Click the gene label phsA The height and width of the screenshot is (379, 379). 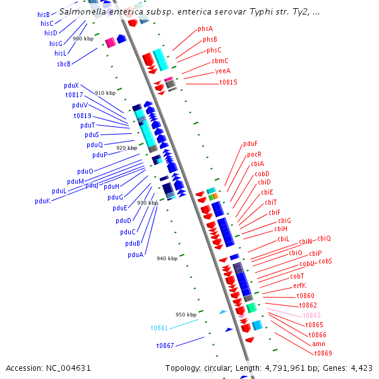coord(205,29)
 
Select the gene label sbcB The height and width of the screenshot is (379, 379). coord(64,64)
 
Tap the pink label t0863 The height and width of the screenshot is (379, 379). coord(312,315)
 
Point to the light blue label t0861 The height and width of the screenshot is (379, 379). coord(159,328)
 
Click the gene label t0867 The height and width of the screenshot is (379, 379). coord(165,346)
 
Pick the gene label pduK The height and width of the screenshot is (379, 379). coord(42,201)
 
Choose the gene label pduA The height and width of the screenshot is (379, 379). coord(135,255)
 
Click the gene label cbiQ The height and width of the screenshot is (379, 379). coord(324,238)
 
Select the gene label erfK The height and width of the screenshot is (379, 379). coord(299,286)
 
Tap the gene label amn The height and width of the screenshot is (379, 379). coord(319,344)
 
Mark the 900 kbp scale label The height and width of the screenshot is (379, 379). coord(83,39)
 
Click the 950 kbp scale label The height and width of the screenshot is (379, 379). coord(186,315)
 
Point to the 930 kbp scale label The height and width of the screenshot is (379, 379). coord(147,203)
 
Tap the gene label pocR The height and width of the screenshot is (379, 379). coord(254,154)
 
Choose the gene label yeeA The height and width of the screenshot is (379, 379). coord(223,71)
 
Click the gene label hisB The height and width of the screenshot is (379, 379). coord(44,15)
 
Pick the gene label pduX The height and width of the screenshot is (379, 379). coord(71,85)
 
